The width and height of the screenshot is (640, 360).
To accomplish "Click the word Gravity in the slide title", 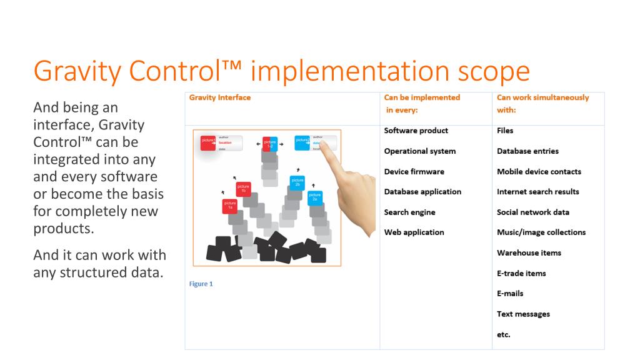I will (x=75, y=71).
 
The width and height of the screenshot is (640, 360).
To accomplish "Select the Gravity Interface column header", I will (x=220, y=97).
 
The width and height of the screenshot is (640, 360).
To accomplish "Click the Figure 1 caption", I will (x=201, y=284).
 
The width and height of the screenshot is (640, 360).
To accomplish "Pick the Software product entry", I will (x=416, y=131).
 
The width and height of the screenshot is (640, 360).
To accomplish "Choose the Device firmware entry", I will (x=414, y=171).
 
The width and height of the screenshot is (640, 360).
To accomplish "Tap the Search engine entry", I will (x=409, y=212).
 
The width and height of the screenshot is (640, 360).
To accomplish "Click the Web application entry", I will (x=414, y=232).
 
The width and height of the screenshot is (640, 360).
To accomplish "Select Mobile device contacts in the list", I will (x=539, y=171).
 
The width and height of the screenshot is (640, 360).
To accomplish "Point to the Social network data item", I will (x=532, y=212).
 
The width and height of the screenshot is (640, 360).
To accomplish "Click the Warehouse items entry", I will (x=529, y=253).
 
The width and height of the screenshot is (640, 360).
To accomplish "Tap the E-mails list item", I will (x=510, y=293).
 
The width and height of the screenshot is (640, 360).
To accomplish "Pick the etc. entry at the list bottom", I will (x=504, y=334).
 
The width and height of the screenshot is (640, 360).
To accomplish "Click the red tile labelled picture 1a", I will (x=230, y=206).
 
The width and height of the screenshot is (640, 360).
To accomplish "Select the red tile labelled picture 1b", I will (x=243, y=189).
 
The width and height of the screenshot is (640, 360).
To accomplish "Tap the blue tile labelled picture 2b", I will (x=297, y=183).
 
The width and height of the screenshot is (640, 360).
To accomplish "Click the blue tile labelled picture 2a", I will (x=315, y=197).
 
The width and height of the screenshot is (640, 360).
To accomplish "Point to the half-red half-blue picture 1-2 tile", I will (x=270, y=144).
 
